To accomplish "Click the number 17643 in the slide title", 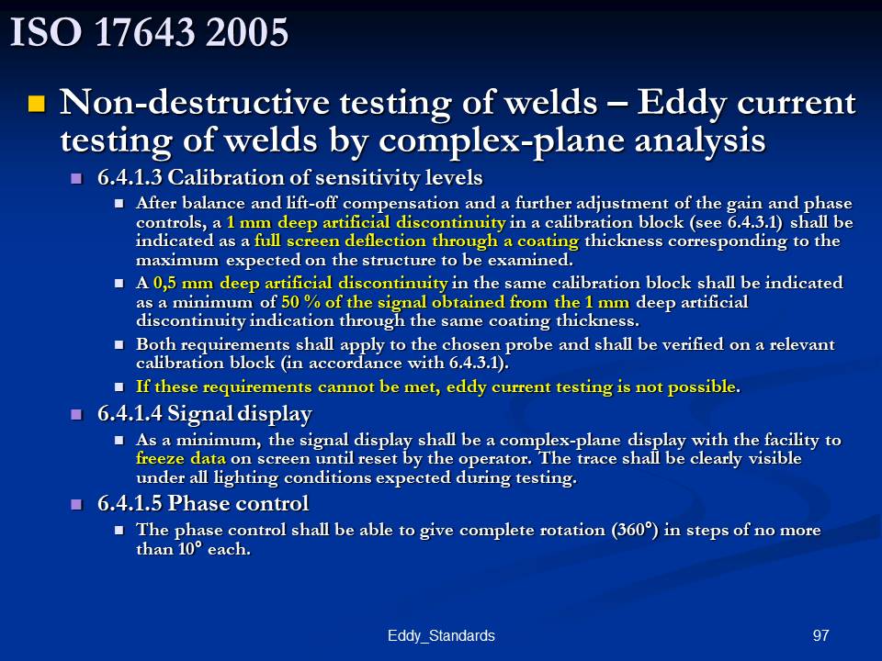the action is tap(146, 32).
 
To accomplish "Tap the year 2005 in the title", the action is tap(247, 32).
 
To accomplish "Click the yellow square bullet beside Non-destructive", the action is tap(37, 104).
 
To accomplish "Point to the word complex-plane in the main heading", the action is tap(501, 140).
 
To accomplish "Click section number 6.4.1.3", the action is tap(130, 177).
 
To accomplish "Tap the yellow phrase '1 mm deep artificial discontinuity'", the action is tap(367, 222).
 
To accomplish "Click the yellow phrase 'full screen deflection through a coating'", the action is tap(416, 241).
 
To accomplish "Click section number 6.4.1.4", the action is tap(130, 414).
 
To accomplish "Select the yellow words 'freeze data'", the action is tap(181, 458).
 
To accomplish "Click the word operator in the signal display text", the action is tap(495, 459).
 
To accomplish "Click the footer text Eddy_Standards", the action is tap(441, 635).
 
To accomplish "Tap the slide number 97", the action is tap(820, 635).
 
